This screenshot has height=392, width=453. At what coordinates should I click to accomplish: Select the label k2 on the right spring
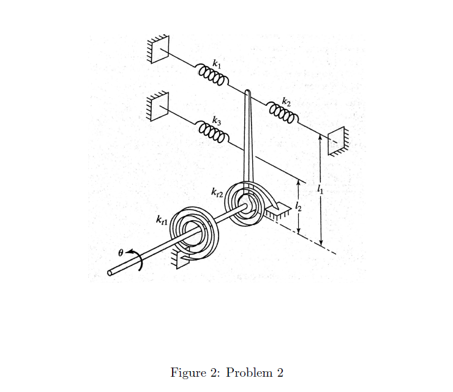coord(286,99)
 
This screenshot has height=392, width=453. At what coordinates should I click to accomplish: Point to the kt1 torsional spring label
coord(162,218)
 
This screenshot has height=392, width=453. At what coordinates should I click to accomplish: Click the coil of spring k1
coord(212,76)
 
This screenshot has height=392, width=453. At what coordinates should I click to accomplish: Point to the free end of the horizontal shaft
coord(111,273)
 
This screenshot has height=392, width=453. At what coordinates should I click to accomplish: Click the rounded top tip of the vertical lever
coord(247,94)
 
